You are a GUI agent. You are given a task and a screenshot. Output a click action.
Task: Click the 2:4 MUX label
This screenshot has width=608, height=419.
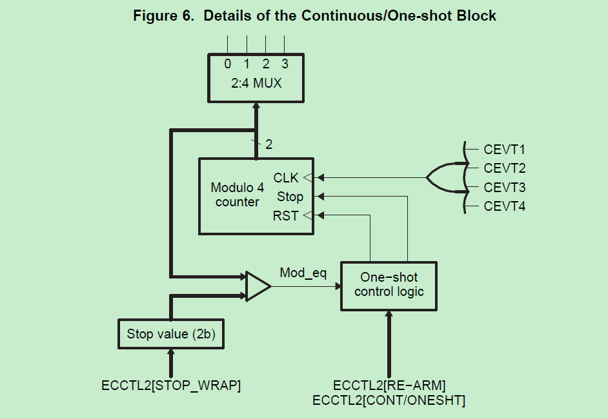tap(256, 83)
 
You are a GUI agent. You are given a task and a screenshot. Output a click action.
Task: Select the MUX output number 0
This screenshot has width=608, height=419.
tap(228, 64)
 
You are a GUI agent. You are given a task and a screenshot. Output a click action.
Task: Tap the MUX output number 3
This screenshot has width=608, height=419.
tap(285, 64)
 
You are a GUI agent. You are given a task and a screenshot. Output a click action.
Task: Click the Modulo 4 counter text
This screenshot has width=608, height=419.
tap(238, 195)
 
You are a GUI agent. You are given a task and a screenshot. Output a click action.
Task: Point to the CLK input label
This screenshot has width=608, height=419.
tap(286, 178)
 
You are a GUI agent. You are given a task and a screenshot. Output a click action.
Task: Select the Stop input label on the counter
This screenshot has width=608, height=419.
tap(290, 197)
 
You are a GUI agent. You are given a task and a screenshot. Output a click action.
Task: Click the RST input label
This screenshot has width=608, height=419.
tap(285, 216)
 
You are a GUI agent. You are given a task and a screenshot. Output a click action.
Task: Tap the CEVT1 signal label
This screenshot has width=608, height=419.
tap(505, 150)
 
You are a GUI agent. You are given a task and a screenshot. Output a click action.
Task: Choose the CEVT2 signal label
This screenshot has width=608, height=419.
tap(505, 168)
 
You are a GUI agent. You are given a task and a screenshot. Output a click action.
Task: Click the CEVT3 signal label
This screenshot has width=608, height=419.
tap(505, 188)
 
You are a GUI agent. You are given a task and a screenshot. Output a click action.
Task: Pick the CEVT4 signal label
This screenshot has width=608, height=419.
tap(505, 206)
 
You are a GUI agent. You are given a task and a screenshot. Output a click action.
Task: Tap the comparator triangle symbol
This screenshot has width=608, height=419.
tap(258, 287)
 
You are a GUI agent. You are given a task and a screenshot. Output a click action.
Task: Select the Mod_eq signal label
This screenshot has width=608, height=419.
tap(303, 273)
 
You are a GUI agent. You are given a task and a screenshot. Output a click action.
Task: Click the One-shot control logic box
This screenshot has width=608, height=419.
tap(389, 286)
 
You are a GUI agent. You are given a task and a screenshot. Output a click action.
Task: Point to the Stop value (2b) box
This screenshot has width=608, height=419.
tap(171, 334)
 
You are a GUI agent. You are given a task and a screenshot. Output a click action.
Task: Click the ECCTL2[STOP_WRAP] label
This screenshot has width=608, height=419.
tap(171, 385)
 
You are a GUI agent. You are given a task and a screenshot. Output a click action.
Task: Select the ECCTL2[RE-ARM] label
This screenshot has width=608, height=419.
tap(389, 385)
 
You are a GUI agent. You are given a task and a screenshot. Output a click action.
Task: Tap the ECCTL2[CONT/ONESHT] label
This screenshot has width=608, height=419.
tap(389, 400)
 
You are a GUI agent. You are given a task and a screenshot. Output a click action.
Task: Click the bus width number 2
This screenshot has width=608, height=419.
tap(269, 144)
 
